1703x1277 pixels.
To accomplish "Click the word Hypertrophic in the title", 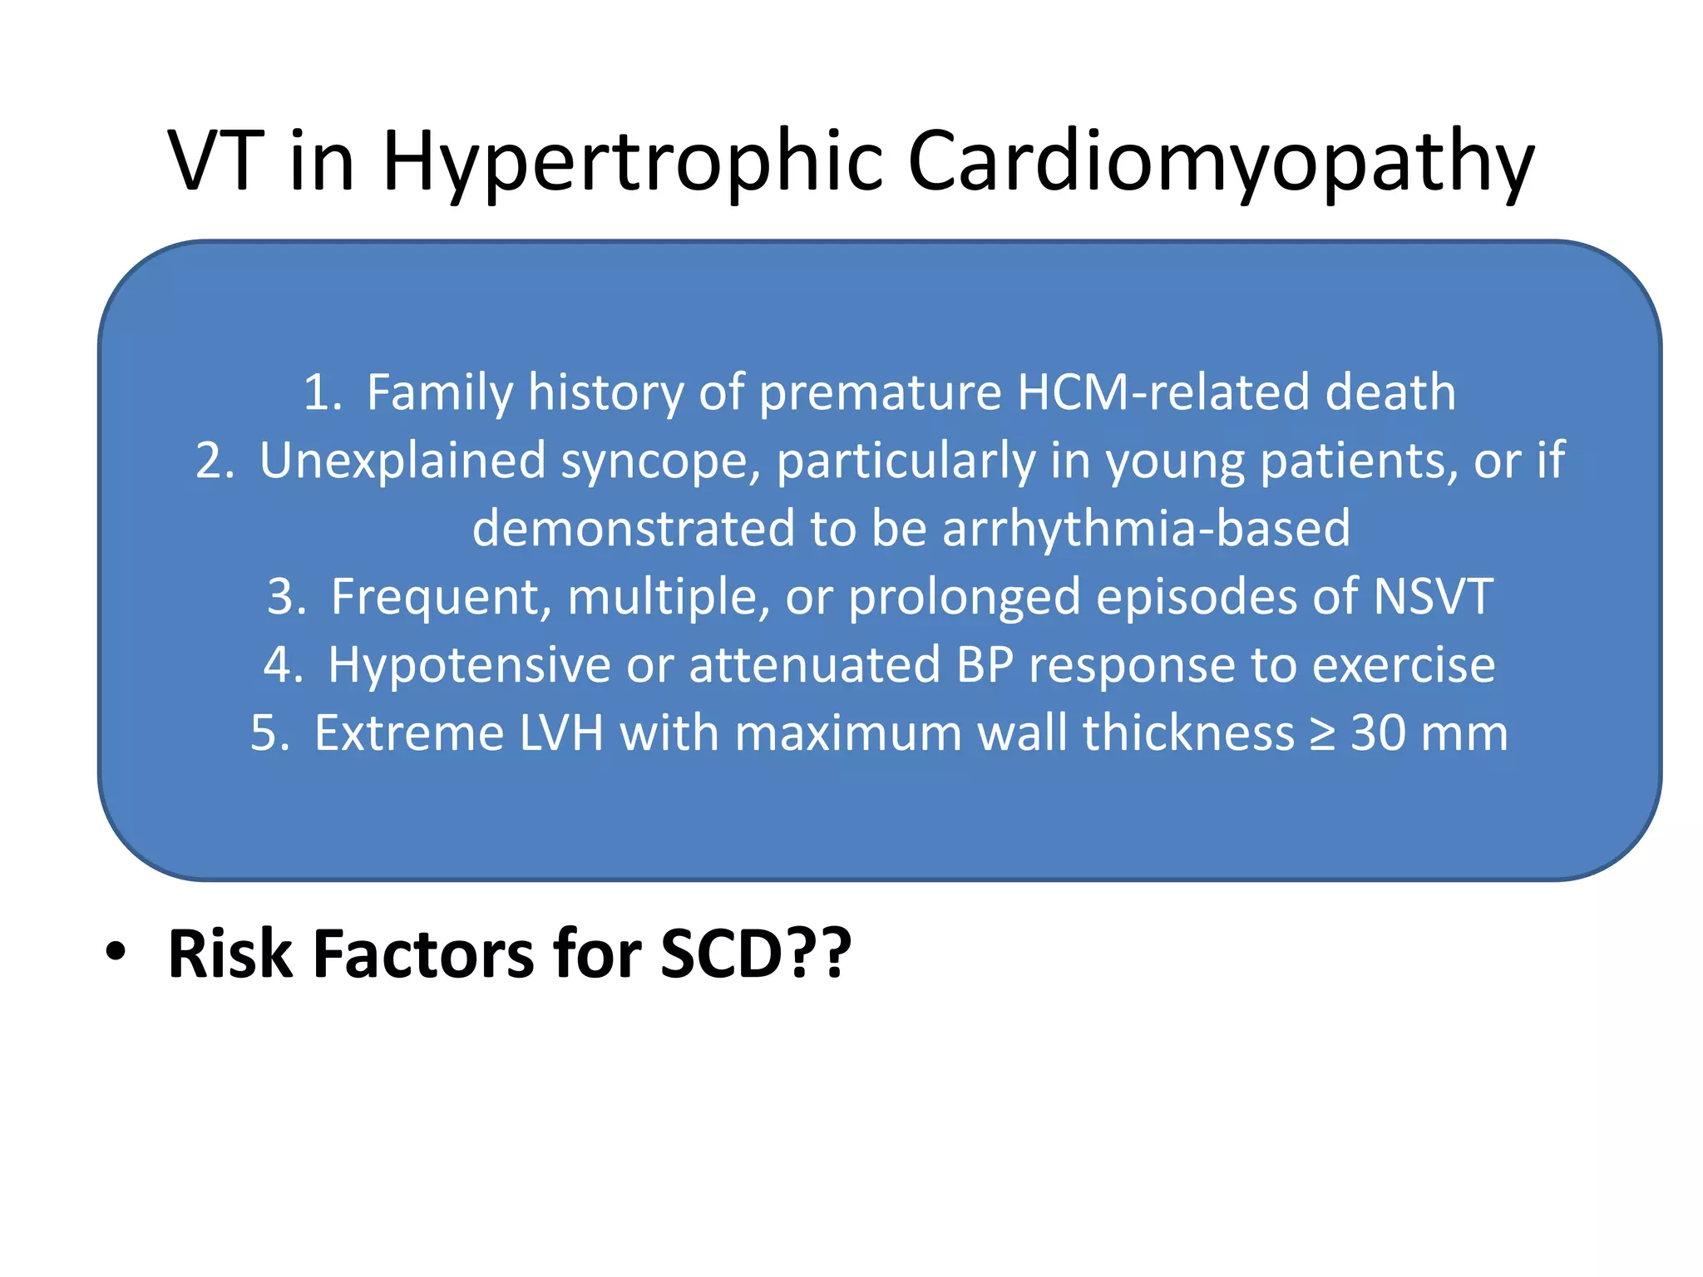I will [x=632, y=162].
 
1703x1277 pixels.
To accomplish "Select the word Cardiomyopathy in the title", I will [x=1220, y=162].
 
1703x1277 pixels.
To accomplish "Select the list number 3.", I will [x=286, y=597].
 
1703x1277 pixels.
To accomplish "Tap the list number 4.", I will [x=283, y=665].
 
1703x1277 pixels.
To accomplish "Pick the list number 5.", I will [x=269, y=733].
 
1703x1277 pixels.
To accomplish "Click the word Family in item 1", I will [x=440, y=392].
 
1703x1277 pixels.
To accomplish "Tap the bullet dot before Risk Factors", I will [x=116, y=952].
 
